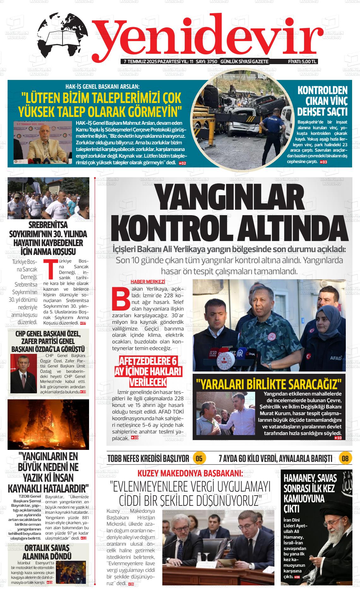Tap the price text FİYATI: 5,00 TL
point(302,61)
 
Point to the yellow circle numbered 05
point(199,458)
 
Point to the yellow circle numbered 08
point(345,458)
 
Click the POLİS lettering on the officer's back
point(272,119)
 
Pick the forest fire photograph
point(48,425)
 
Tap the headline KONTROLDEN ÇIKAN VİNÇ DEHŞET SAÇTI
point(322,101)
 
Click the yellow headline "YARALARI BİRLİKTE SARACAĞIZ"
point(269,384)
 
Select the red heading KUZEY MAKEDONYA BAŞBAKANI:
point(190,473)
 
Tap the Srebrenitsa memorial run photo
point(48,198)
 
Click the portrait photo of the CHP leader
point(24,373)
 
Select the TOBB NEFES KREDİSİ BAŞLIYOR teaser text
point(148,458)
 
